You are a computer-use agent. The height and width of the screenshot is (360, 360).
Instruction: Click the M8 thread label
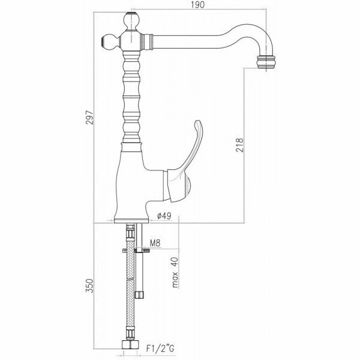[154, 244]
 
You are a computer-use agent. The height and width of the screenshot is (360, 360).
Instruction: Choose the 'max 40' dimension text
[175, 274]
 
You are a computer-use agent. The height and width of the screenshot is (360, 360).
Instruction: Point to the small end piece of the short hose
[140, 293]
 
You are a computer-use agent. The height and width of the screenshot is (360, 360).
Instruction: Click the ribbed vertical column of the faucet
[131, 96]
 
